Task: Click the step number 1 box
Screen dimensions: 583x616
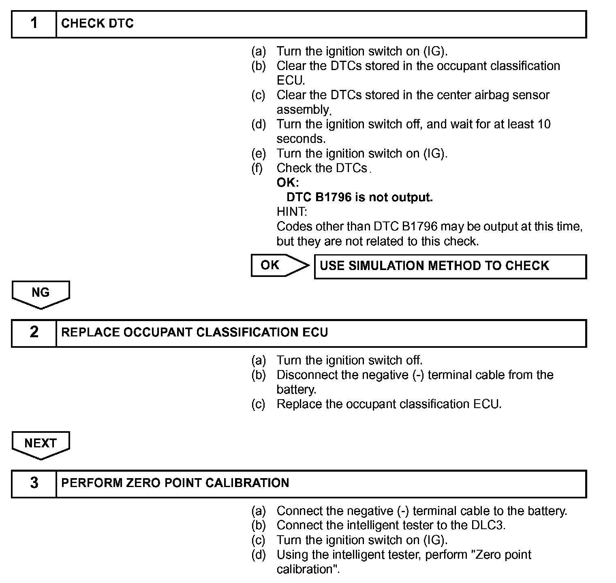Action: click(34, 24)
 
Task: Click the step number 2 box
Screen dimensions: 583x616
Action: click(34, 333)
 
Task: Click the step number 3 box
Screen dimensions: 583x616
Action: click(34, 483)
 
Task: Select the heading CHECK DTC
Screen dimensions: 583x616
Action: click(97, 24)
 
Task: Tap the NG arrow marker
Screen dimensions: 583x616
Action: click(41, 294)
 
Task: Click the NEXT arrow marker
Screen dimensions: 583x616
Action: click(41, 444)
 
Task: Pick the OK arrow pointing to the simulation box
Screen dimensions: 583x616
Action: click(280, 266)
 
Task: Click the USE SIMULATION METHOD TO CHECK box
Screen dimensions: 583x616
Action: click(450, 266)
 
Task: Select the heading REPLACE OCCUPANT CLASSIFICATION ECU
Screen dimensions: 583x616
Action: click(195, 333)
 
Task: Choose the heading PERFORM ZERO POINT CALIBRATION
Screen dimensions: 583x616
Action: click(175, 483)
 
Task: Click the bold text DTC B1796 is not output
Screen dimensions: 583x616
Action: click(359, 198)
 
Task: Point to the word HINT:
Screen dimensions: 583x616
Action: click(292, 212)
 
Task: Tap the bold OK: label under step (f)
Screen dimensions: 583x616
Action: click(287, 183)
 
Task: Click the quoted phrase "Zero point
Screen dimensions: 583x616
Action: click(501, 555)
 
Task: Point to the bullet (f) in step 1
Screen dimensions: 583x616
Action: click(257, 168)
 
